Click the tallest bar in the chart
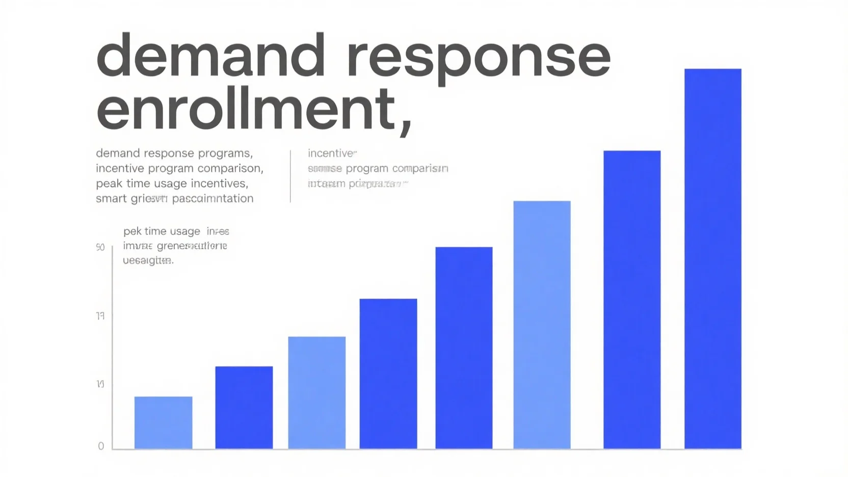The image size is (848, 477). pyautogui.click(x=712, y=258)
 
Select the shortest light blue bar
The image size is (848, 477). pyautogui.click(x=163, y=422)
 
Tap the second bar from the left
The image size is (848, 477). pyautogui.click(x=244, y=407)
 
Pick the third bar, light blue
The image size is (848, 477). pyautogui.click(x=316, y=392)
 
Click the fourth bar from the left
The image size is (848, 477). pyautogui.click(x=388, y=374)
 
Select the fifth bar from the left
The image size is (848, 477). pyautogui.click(x=464, y=348)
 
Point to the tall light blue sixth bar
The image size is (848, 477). pyautogui.click(x=542, y=325)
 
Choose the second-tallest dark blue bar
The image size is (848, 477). pyautogui.click(x=632, y=300)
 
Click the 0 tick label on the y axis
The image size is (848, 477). pyautogui.click(x=101, y=446)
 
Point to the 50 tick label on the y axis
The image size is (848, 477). pyautogui.click(x=100, y=248)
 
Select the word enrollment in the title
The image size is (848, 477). pyautogui.click(x=245, y=109)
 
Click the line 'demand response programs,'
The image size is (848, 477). pyautogui.click(x=174, y=153)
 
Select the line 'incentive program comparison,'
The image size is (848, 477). pyautogui.click(x=179, y=168)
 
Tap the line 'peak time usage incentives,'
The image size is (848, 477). pyautogui.click(x=172, y=183)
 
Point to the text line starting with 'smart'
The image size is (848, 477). pyautogui.click(x=174, y=199)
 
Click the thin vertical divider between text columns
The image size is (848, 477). pyautogui.click(x=290, y=176)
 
